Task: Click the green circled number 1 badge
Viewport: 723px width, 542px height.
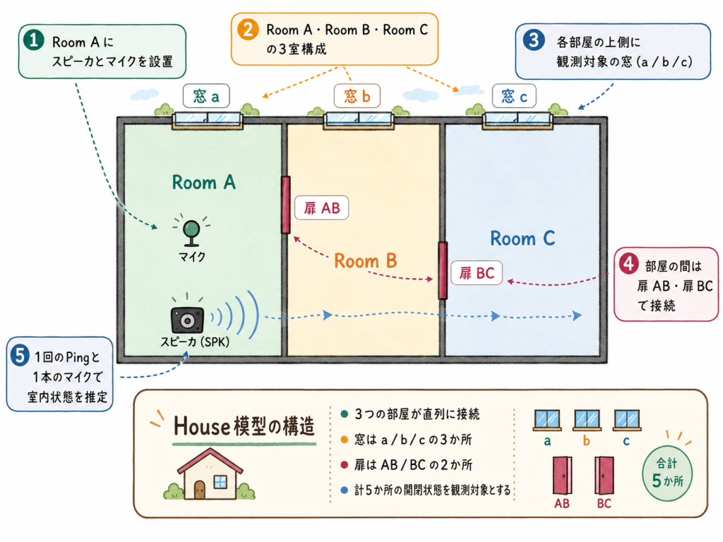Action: pyautogui.click(x=34, y=40)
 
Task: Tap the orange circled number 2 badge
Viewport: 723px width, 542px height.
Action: pyautogui.click(x=248, y=30)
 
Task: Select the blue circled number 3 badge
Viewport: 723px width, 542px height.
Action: pyautogui.click(x=534, y=40)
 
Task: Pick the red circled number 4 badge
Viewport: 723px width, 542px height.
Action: pyautogui.click(x=628, y=264)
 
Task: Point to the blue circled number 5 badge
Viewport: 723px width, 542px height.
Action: pyautogui.click(x=20, y=356)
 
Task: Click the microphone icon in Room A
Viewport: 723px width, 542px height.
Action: pyautogui.click(x=191, y=231)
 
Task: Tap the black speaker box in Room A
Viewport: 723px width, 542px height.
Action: pyautogui.click(x=187, y=320)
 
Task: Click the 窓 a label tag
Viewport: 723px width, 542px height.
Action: pyautogui.click(x=206, y=96)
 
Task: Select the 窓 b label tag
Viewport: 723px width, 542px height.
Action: pyautogui.click(x=357, y=96)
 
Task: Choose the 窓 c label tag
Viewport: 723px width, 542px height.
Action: pyautogui.click(x=514, y=96)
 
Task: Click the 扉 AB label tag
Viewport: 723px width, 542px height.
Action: pyautogui.click(x=321, y=208)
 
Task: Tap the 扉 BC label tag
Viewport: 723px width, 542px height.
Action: pyautogui.click(x=477, y=273)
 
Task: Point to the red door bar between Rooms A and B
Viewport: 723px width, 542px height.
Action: pyautogui.click(x=286, y=205)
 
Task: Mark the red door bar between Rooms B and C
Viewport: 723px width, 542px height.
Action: pyautogui.click(x=443, y=270)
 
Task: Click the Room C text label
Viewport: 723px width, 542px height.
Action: pyautogui.click(x=522, y=239)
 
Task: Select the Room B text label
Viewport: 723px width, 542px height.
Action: pyautogui.click(x=366, y=261)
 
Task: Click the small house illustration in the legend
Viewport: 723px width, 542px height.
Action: pyautogui.click(x=209, y=474)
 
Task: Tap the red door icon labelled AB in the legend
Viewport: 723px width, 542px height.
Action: pyautogui.click(x=563, y=476)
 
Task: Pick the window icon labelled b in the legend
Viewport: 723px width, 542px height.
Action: pyautogui.click(x=587, y=420)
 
